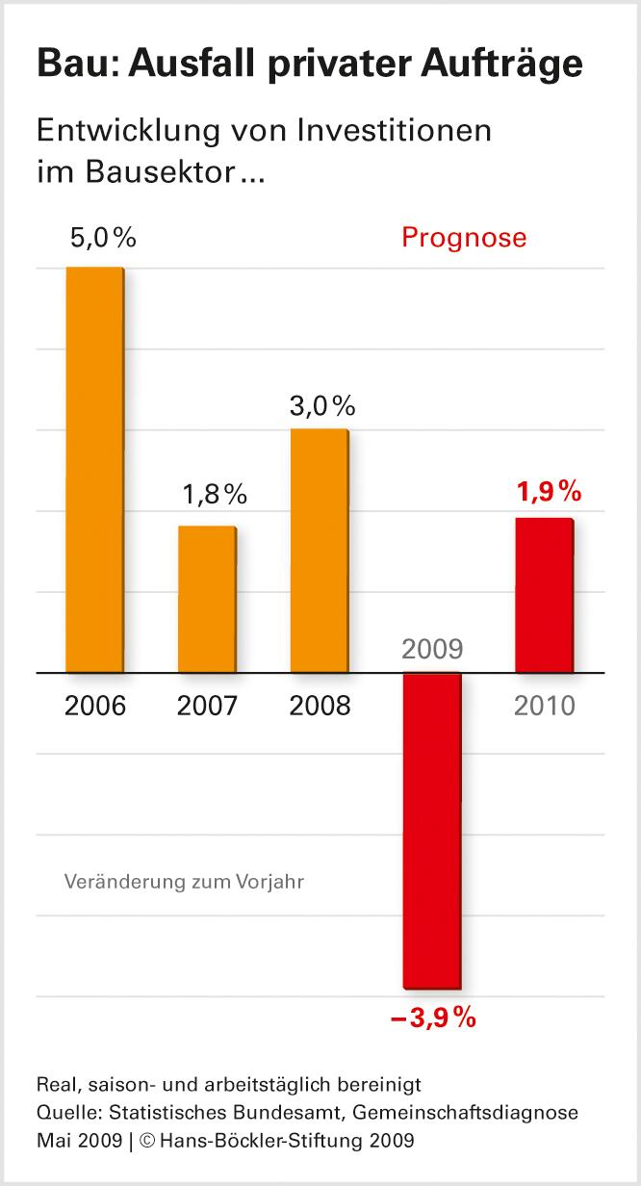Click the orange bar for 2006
pyautogui.click(x=94, y=469)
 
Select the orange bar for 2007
pyautogui.click(x=207, y=599)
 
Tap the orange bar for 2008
pyautogui.click(x=320, y=550)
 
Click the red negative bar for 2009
pyautogui.click(x=432, y=830)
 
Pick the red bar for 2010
pyautogui.click(x=544, y=595)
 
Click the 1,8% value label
pyautogui.click(x=216, y=495)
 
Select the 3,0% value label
pyautogui.click(x=322, y=405)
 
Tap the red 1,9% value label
pyautogui.click(x=550, y=492)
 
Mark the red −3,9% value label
pyautogui.click(x=433, y=1018)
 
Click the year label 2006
pyautogui.click(x=95, y=706)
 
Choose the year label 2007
pyautogui.click(x=207, y=706)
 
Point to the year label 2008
pyautogui.click(x=320, y=706)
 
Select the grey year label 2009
pyautogui.click(x=432, y=649)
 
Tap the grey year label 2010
pyautogui.click(x=544, y=706)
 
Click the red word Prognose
pyautogui.click(x=464, y=238)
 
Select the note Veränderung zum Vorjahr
pyautogui.click(x=184, y=881)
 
